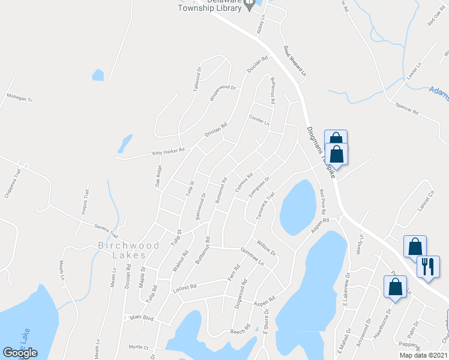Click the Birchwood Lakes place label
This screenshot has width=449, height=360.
[130, 250]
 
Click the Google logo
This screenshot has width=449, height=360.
[20, 352]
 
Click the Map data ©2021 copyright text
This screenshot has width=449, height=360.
[424, 355]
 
